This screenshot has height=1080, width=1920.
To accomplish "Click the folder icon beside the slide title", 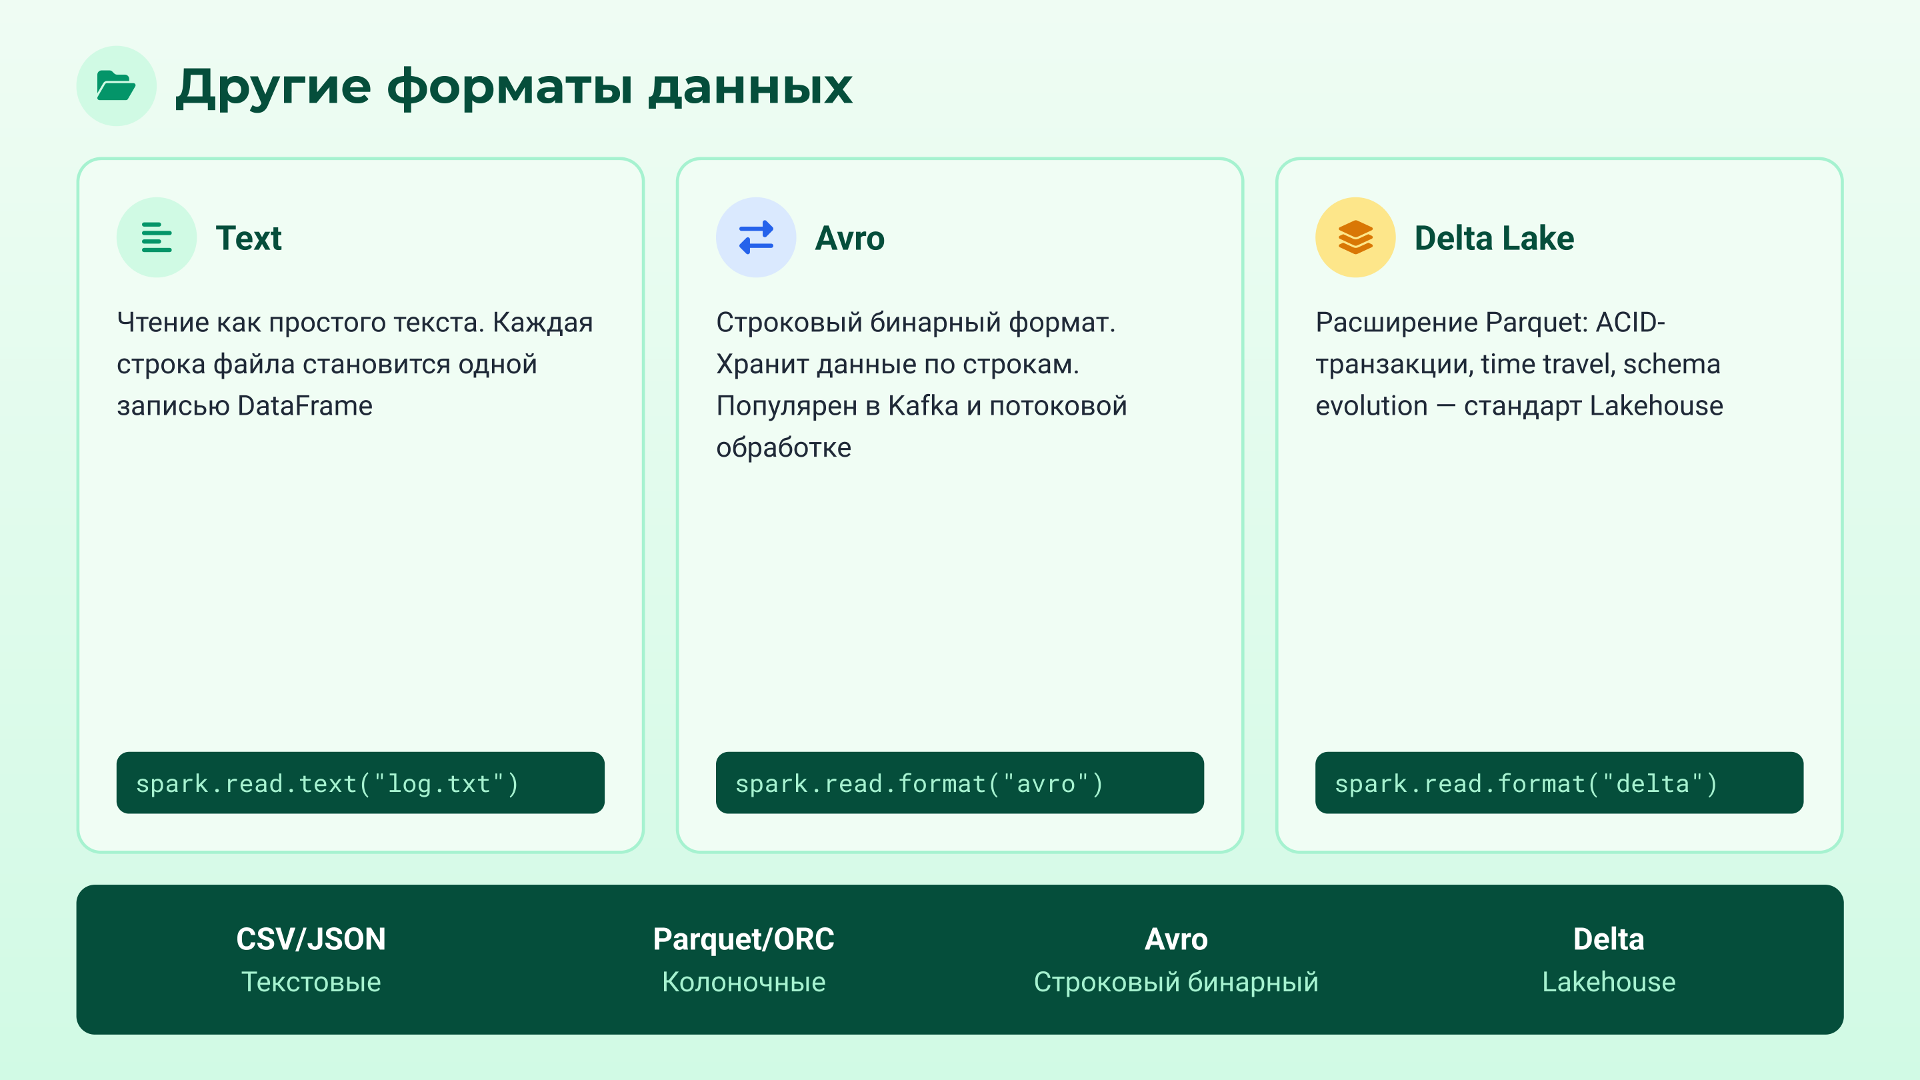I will (116, 86).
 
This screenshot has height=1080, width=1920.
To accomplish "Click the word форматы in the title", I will (509, 88).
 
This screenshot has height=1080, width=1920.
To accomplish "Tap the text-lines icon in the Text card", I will (157, 238).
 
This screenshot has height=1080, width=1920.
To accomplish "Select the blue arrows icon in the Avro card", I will (756, 238).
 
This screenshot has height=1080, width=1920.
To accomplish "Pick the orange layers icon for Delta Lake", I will (1355, 238).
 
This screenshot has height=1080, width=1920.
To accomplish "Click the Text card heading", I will (249, 239).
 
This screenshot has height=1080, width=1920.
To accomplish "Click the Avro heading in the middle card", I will (850, 239).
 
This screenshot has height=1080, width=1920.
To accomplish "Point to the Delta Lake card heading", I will (1493, 239).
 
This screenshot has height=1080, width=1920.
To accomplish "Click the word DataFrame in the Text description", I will (305, 406).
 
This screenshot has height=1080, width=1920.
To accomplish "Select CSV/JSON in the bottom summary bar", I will (311, 939).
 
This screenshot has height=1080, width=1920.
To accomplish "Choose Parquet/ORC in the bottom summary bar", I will (743, 939).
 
